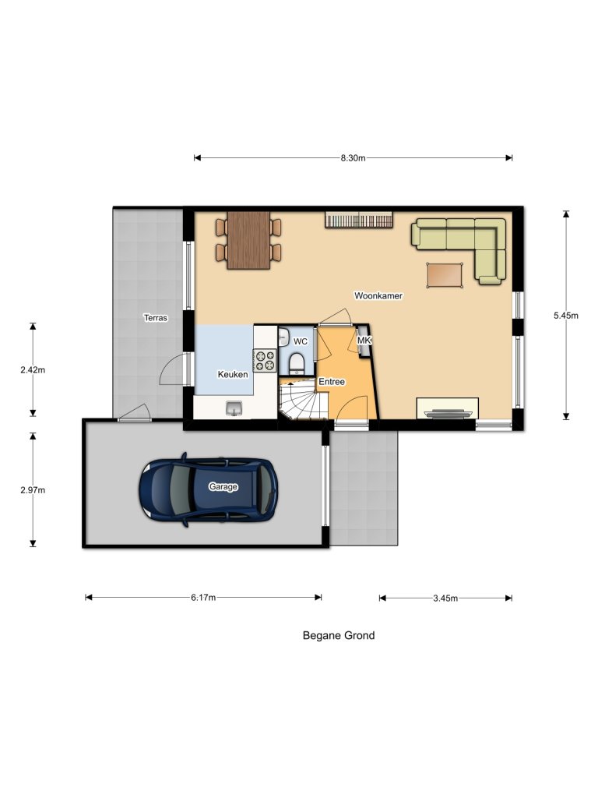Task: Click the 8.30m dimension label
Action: (353, 158)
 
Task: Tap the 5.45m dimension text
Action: (566, 316)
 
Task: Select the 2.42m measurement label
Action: (33, 370)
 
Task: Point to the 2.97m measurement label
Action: (33, 490)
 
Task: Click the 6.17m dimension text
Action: (202, 598)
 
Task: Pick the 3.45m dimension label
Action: (445, 598)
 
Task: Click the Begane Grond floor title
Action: (339, 635)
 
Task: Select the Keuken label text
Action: (233, 375)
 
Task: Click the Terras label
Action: (157, 318)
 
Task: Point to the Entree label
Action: (332, 382)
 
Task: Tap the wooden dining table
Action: (248, 239)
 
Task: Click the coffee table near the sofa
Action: (445, 274)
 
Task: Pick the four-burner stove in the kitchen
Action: (265, 360)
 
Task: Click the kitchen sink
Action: (234, 408)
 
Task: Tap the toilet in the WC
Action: (296, 362)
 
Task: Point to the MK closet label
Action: (364, 341)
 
